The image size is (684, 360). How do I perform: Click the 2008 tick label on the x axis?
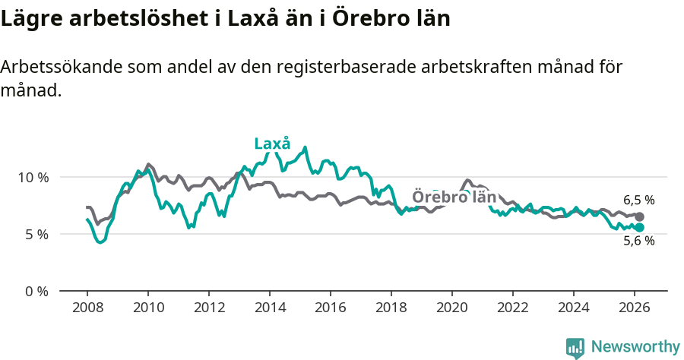pyautogui.click(x=87, y=308)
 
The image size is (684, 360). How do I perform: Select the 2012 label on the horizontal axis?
pyautogui.click(x=209, y=308)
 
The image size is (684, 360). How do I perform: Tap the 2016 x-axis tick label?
pyautogui.click(x=331, y=308)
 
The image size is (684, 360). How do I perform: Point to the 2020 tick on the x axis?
pyautogui.click(x=452, y=308)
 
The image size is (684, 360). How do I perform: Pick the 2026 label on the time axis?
pyautogui.click(x=635, y=308)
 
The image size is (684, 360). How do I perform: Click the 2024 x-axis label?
pyautogui.click(x=574, y=308)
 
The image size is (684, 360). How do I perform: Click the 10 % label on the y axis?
pyautogui.click(x=33, y=177)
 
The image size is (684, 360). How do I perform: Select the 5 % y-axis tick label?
pyautogui.click(x=36, y=234)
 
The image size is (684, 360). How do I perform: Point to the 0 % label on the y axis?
pyautogui.click(x=36, y=291)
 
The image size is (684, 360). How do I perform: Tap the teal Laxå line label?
pyautogui.click(x=272, y=144)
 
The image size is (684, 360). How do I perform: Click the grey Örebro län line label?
pyautogui.click(x=454, y=197)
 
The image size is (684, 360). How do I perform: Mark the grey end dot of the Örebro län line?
pyautogui.click(x=639, y=217)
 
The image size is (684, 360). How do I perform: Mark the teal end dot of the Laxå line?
pyautogui.click(x=639, y=227)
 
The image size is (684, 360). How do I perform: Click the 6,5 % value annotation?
pyautogui.click(x=638, y=201)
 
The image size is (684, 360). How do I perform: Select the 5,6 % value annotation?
pyautogui.click(x=638, y=241)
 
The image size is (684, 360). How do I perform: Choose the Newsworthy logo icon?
pyautogui.click(x=575, y=347)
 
